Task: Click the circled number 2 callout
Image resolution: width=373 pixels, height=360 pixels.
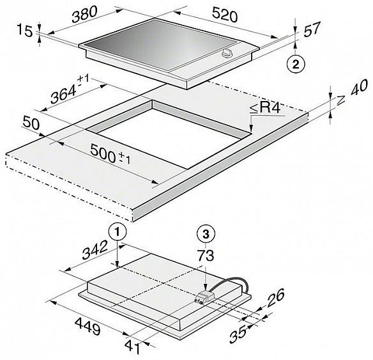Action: pos(294,63)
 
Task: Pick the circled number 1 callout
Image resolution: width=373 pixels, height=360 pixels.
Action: pos(118,232)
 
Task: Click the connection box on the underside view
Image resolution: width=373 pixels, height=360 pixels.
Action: pos(204,295)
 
